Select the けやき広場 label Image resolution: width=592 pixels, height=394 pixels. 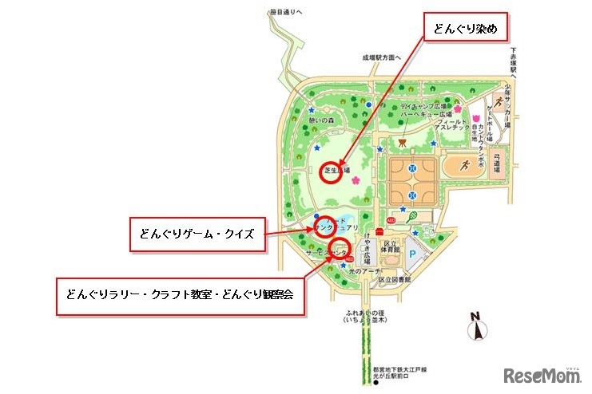[x=367, y=254]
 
